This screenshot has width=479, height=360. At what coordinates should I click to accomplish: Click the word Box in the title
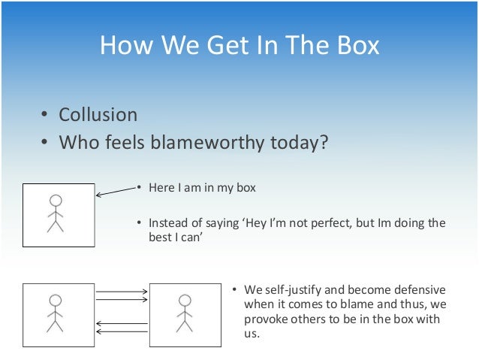[x=354, y=46]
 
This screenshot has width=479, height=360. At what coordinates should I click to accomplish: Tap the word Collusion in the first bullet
[x=98, y=115]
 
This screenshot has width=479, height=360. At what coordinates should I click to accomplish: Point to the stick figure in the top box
[x=55, y=213]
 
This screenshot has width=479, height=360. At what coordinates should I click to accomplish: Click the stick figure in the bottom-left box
[x=55, y=313]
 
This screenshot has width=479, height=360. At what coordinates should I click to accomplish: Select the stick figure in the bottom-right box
[x=185, y=313]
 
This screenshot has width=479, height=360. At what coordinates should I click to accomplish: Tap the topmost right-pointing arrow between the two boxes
[x=121, y=291]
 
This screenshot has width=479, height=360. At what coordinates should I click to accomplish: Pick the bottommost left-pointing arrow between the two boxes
[x=121, y=330]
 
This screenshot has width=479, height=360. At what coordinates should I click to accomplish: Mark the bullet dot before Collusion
[x=44, y=116]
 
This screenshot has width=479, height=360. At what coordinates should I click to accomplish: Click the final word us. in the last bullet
[x=252, y=334]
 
